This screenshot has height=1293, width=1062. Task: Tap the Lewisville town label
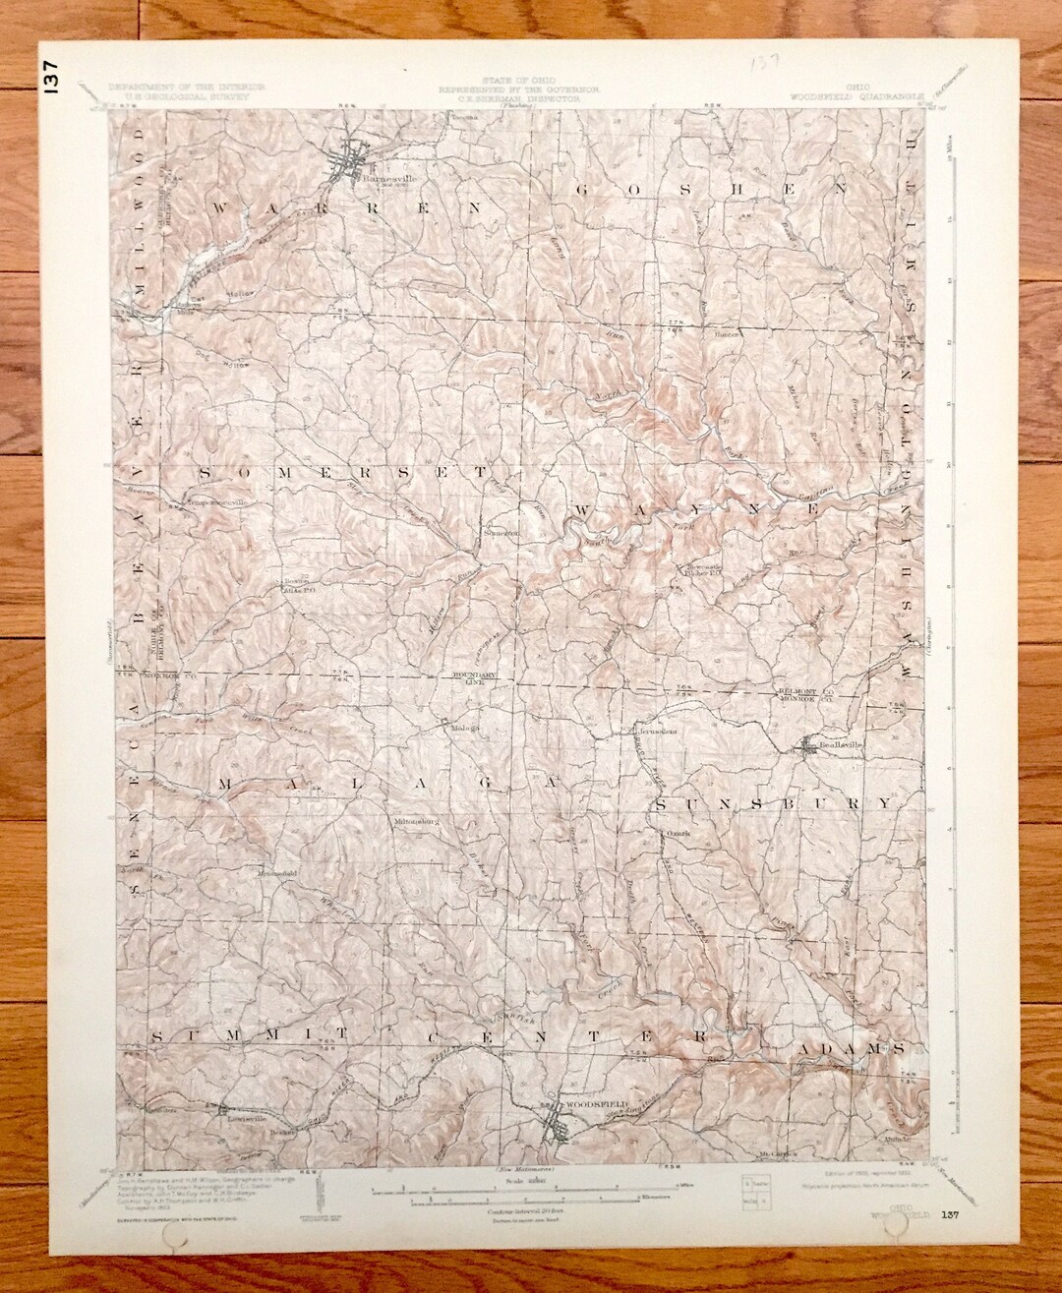242,1116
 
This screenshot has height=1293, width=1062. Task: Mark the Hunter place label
727,333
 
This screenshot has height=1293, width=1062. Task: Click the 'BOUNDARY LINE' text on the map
471,677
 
